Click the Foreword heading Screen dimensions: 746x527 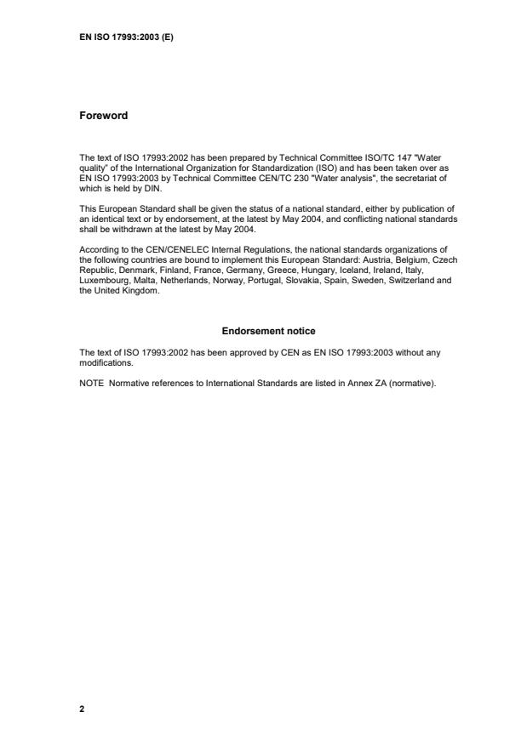pyautogui.click(x=103, y=116)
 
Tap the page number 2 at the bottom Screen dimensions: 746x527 pyautogui.click(x=82, y=707)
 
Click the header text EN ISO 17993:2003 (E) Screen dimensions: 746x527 pyautogui.click(x=126, y=37)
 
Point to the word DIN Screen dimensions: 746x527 pyautogui.click(x=146, y=190)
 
